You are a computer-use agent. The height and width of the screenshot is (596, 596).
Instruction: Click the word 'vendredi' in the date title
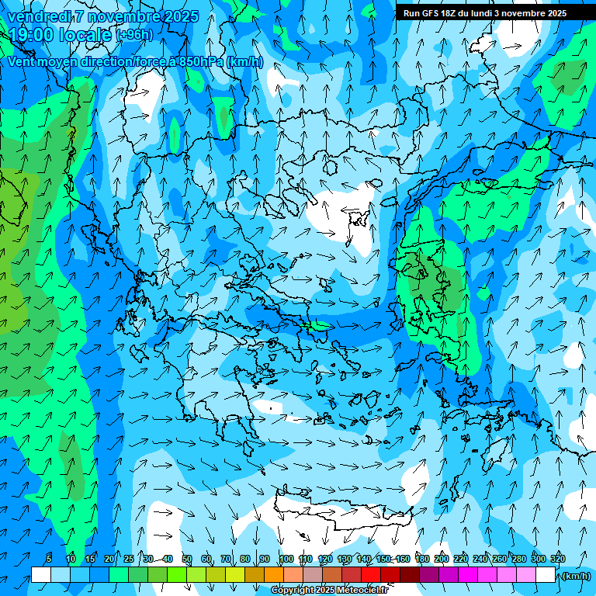tap(40, 16)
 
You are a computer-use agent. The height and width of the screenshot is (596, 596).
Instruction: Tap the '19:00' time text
tap(30, 35)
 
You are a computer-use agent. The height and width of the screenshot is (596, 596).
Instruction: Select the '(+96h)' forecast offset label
tap(136, 35)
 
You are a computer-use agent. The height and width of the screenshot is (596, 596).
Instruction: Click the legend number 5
tap(48, 559)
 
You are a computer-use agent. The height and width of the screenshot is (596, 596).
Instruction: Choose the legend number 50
tap(187, 559)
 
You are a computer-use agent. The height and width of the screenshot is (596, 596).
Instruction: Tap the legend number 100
tap(286, 559)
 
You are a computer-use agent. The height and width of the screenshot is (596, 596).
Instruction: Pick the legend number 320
tap(557, 559)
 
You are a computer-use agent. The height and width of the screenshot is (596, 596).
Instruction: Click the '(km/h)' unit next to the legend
tap(576, 575)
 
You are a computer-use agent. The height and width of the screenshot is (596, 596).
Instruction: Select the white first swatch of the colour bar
tap(41, 574)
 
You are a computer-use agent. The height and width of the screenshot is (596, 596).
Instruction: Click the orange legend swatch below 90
tap(274, 574)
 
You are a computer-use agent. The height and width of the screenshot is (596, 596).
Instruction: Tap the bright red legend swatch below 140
tap(371, 574)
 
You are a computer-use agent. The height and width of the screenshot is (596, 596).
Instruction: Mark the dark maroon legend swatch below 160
tap(410, 574)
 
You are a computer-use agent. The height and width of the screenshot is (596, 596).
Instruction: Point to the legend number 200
tap(442, 559)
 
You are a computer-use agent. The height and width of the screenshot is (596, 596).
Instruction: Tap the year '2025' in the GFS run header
tap(555, 12)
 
